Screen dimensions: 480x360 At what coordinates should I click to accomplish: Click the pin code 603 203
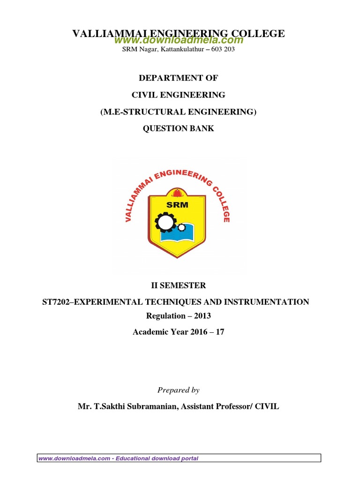(223, 49)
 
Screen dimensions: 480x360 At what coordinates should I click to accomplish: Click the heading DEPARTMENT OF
(178, 78)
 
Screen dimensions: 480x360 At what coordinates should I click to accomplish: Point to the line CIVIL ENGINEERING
(178, 95)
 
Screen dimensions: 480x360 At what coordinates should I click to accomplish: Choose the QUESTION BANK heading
(178, 128)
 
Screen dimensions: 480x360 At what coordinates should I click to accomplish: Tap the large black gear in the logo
(165, 222)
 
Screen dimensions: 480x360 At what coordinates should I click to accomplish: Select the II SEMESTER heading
(178, 285)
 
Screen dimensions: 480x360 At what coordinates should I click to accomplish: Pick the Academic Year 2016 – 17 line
(178, 332)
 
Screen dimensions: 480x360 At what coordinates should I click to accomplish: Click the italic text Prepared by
(178, 390)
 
